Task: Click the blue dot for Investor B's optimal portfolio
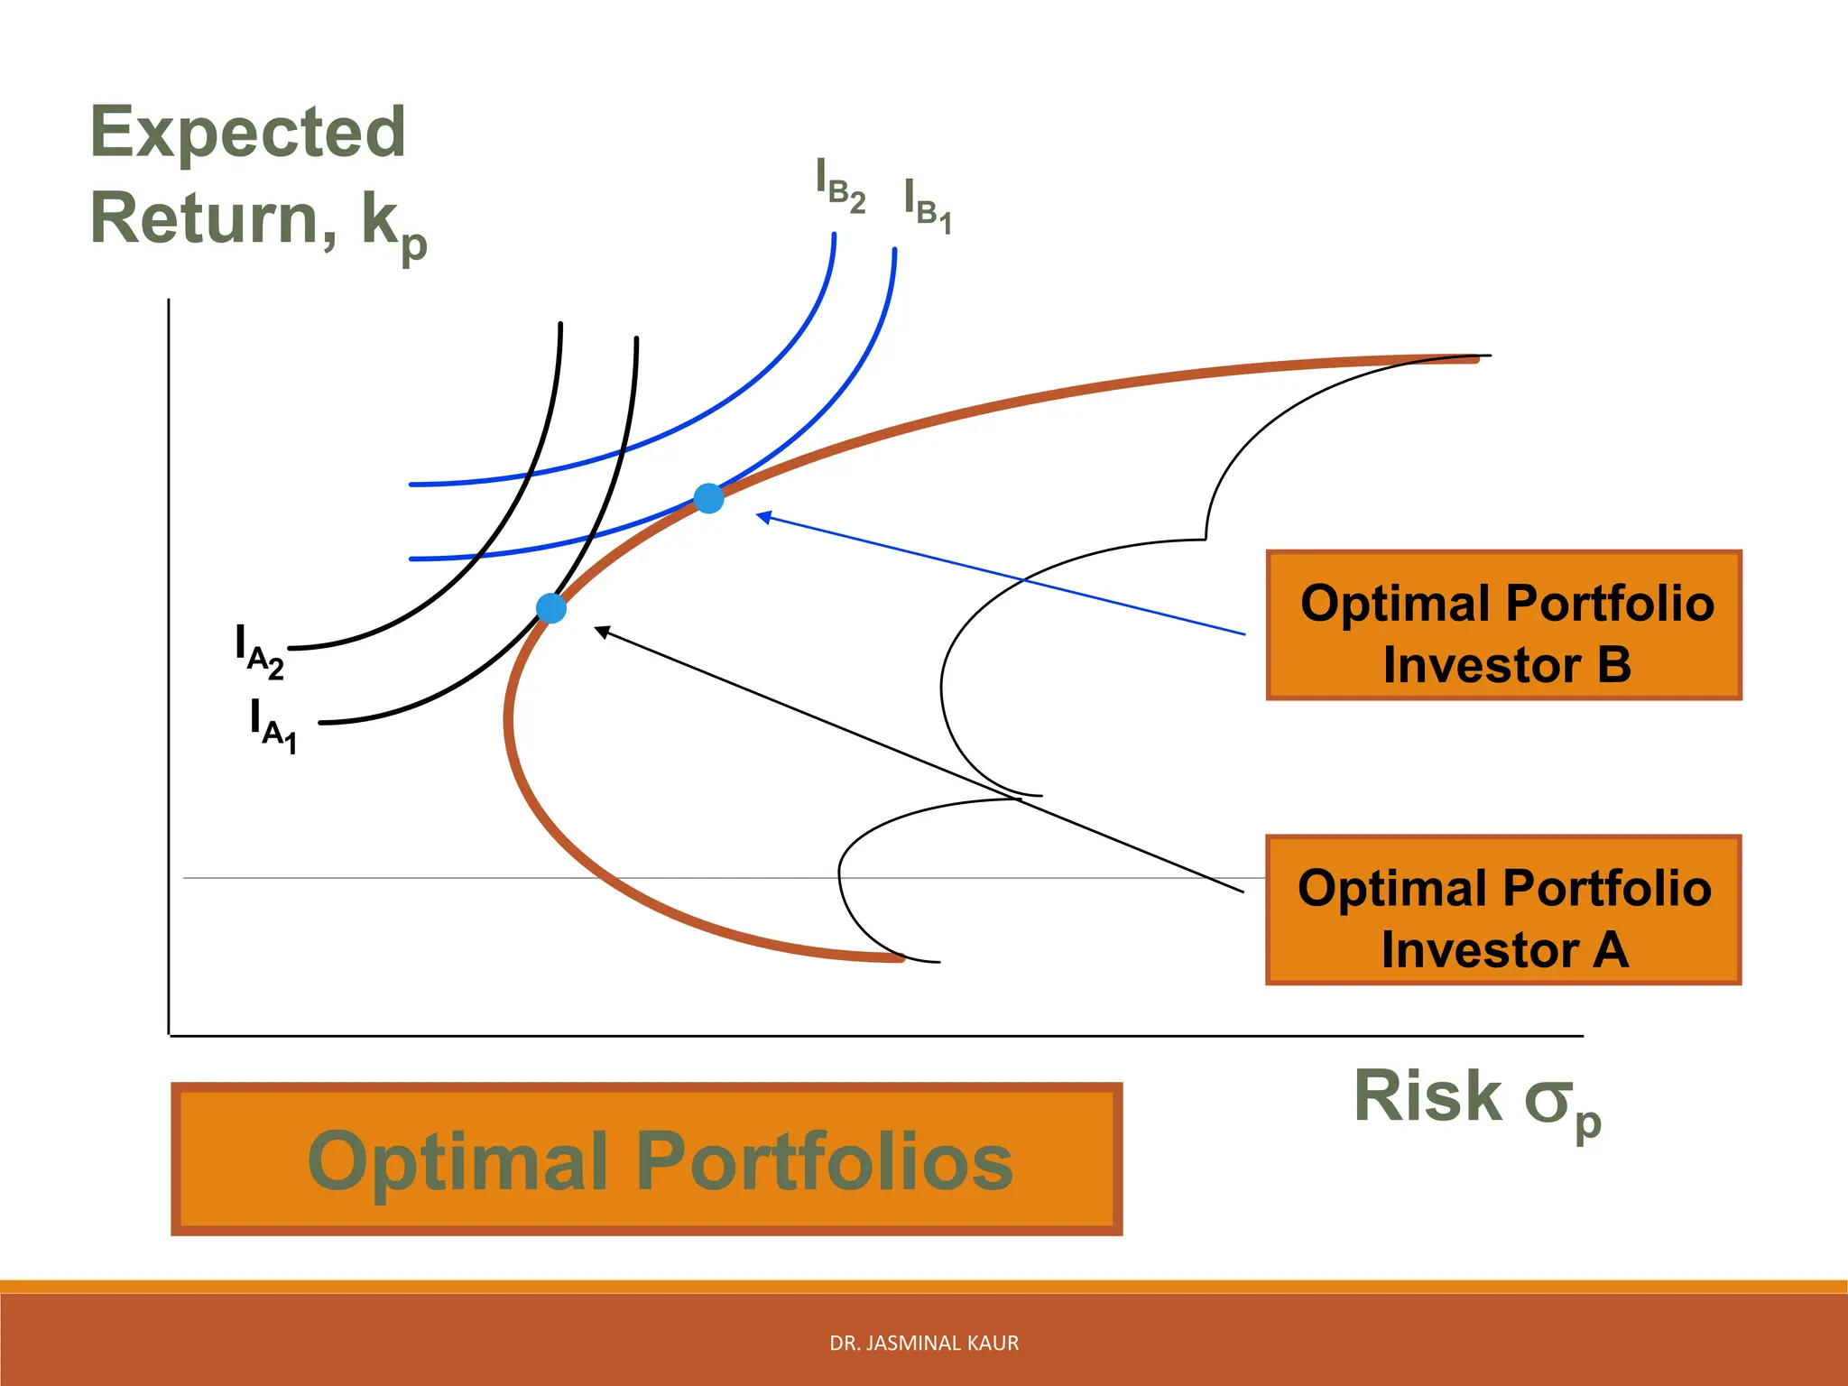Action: pyautogui.click(x=708, y=498)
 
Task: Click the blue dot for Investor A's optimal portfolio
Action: pyautogui.click(x=551, y=608)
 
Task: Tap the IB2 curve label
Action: pyautogui.click(x=840, y=186)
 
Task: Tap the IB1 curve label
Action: pyautogui.click(x=928, y=207)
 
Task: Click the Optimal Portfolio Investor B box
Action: pyautogui.click(x=1503, y=625)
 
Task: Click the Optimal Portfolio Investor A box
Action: pyautogui.click(x=1503, y=910)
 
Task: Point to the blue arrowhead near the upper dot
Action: pyautogui.click(x=763, y=517)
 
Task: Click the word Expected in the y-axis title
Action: pyautogui.click(x=248, y=133)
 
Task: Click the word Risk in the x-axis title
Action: pyautogui.click(x=1428, y=1096)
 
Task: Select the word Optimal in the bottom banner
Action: pyautogui.click(x=457, y=1161)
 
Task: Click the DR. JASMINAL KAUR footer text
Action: pyautogui.click(x=924, y=1344)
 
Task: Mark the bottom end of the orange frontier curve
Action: pyautogui.click(x=899, y=958)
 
